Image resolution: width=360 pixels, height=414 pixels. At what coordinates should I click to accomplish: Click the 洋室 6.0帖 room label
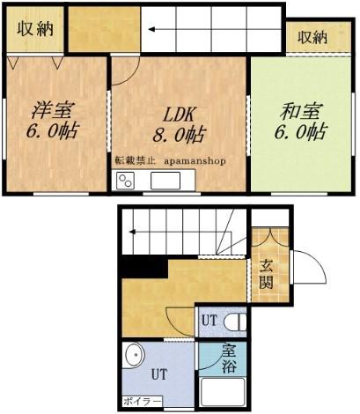(x=53, y=120)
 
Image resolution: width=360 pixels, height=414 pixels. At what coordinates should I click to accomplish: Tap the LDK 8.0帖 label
(x=179, y=124)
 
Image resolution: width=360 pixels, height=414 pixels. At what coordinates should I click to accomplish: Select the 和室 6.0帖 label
(x=300, y=121)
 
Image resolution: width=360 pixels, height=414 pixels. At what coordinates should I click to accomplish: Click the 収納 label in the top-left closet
(x=35, y=28)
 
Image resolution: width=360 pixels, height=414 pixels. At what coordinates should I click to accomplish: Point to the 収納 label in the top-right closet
(x=312, y=38)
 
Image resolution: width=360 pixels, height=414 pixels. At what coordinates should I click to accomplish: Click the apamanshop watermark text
(x=195, y=161)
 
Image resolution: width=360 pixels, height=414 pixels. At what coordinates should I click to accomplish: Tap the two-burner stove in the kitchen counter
(x=125, y=181)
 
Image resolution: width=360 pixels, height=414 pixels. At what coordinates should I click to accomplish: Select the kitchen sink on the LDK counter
(x=165, y=181)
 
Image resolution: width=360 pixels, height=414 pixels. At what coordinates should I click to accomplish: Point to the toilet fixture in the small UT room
(x=235, y=322)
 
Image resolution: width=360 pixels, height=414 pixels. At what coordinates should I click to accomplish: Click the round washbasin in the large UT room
(x=135, y=356)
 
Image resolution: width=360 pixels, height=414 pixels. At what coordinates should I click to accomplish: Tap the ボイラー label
(x=143, y=401)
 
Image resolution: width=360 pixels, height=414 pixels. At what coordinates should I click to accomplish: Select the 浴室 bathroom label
(x=229, y=359)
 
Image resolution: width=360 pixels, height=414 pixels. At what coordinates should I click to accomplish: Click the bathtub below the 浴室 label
(x=223, y=393)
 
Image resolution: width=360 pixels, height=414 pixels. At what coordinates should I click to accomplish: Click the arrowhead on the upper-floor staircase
(x=151, y=29)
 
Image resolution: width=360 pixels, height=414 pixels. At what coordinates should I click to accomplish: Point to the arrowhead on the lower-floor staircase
(x=132, y=232)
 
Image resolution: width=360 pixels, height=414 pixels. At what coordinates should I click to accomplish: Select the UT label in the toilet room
(x=209, y=321)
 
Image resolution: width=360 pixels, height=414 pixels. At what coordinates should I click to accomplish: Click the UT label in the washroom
(x=159, y=374)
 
